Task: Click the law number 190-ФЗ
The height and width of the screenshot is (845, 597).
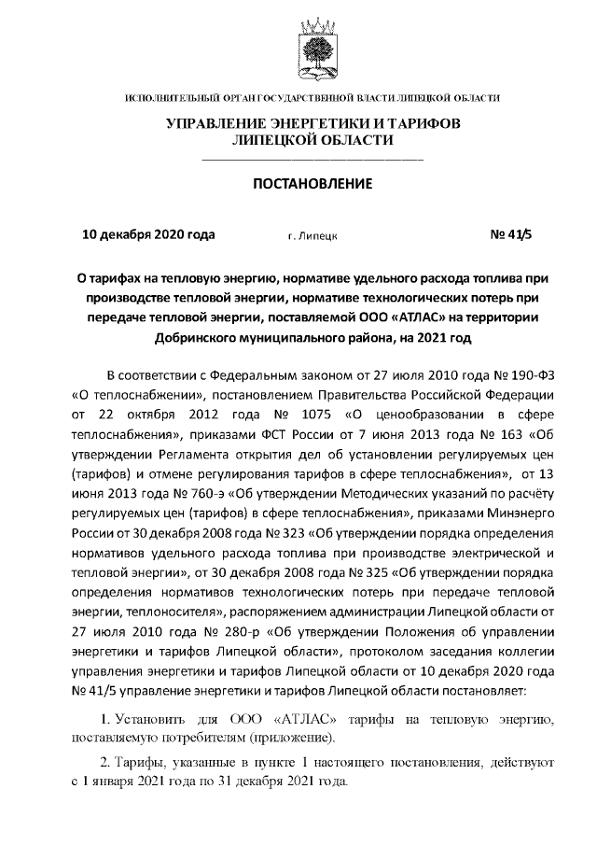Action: (507, 375)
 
